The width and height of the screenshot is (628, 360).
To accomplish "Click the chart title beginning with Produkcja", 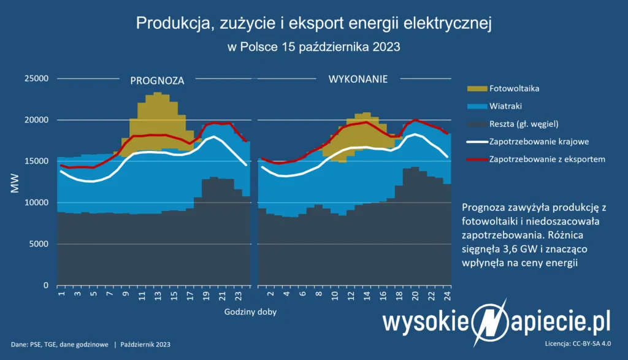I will coord(313,23).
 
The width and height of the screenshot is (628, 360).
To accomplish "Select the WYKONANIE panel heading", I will coord(354,79).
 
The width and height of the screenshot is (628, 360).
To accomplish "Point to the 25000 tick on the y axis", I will coord(36,79).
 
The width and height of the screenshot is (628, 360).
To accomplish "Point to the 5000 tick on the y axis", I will coord(39,244).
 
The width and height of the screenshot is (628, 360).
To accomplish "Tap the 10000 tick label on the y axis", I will coord(36,203).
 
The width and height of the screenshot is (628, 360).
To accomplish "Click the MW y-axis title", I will coord(14,183).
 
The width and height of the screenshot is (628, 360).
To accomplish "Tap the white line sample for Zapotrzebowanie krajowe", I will coord(476,142).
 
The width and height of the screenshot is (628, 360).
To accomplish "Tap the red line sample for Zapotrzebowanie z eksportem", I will coord(476,159).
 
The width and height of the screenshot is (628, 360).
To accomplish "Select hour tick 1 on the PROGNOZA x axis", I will coord(61,295).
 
